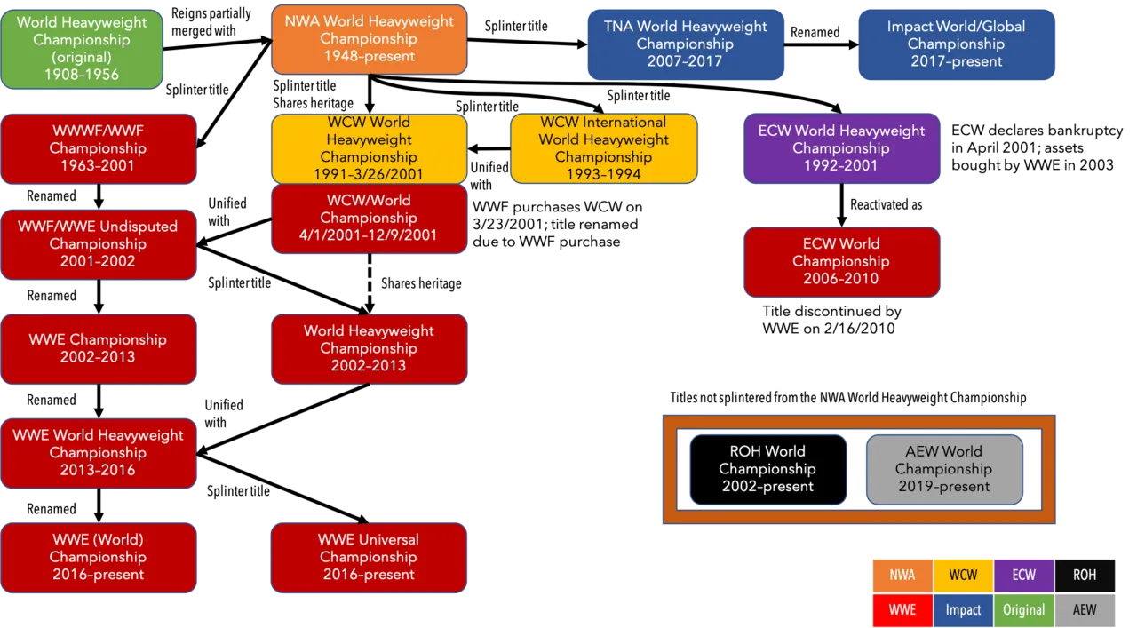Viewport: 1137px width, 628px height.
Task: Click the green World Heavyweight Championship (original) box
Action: pos(82,49)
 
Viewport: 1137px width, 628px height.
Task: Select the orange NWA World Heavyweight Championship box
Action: pos(369,40)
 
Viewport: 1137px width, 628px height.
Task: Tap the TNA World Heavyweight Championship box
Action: pos(685,44)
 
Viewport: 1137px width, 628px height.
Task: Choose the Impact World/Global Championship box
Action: pos(957,44)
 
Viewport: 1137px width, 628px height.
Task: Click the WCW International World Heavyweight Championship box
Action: pos(603,148)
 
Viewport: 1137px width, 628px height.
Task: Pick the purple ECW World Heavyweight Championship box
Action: pos(841,148)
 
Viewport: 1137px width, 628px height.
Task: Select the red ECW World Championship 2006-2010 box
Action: pos(841,261)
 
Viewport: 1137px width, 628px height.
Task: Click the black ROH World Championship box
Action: pos(768,469)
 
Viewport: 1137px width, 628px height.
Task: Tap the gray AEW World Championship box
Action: pos(944,469)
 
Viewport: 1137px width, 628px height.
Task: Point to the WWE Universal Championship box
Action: pos(369,558)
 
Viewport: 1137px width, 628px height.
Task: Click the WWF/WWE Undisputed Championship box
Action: pos(99,244)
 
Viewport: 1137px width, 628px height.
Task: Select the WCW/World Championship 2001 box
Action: pos(369,219)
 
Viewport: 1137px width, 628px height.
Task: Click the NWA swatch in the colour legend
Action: pos(902,576)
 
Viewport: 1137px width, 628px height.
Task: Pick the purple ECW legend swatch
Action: pos(1024,576)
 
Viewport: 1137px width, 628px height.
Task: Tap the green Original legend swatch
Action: pos(1024,609)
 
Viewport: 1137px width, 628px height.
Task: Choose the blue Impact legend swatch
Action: pos(964,609)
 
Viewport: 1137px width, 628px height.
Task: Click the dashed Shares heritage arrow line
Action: pos(370,283)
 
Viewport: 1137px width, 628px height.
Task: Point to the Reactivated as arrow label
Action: pos(887,204)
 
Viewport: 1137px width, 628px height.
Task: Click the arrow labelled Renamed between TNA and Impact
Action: pos(822,44)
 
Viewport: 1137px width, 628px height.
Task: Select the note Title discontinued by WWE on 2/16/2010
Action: pos(831,320)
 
